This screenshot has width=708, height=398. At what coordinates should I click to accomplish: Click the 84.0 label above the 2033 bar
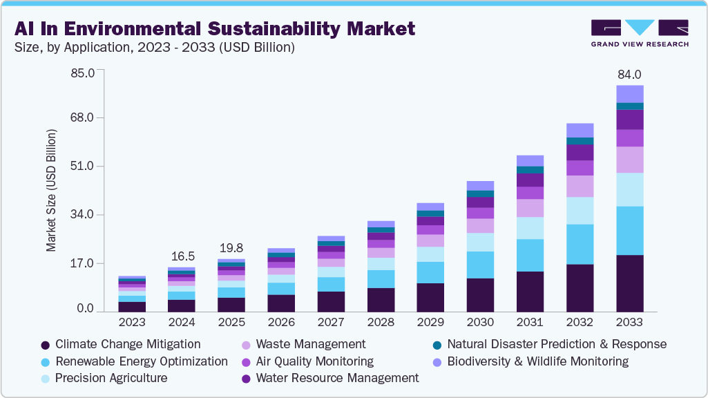point(629,75)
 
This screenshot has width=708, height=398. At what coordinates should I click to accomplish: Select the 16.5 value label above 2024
point(182,256)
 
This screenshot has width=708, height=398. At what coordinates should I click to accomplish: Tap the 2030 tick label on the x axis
point(480,323)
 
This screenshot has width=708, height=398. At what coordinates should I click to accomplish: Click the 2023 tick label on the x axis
point(132,323)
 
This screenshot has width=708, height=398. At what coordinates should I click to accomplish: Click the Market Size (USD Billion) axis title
point(51,190)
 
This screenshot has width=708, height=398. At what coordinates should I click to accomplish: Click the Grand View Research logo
point(639,32)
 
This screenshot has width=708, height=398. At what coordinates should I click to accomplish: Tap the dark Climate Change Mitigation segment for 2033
point(629,283)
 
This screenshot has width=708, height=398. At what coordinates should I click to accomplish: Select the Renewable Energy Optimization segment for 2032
point(580,244)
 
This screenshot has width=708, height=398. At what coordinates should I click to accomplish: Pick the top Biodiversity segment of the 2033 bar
point(629,93)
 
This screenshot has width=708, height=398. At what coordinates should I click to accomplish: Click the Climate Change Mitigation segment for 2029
point(430,297)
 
